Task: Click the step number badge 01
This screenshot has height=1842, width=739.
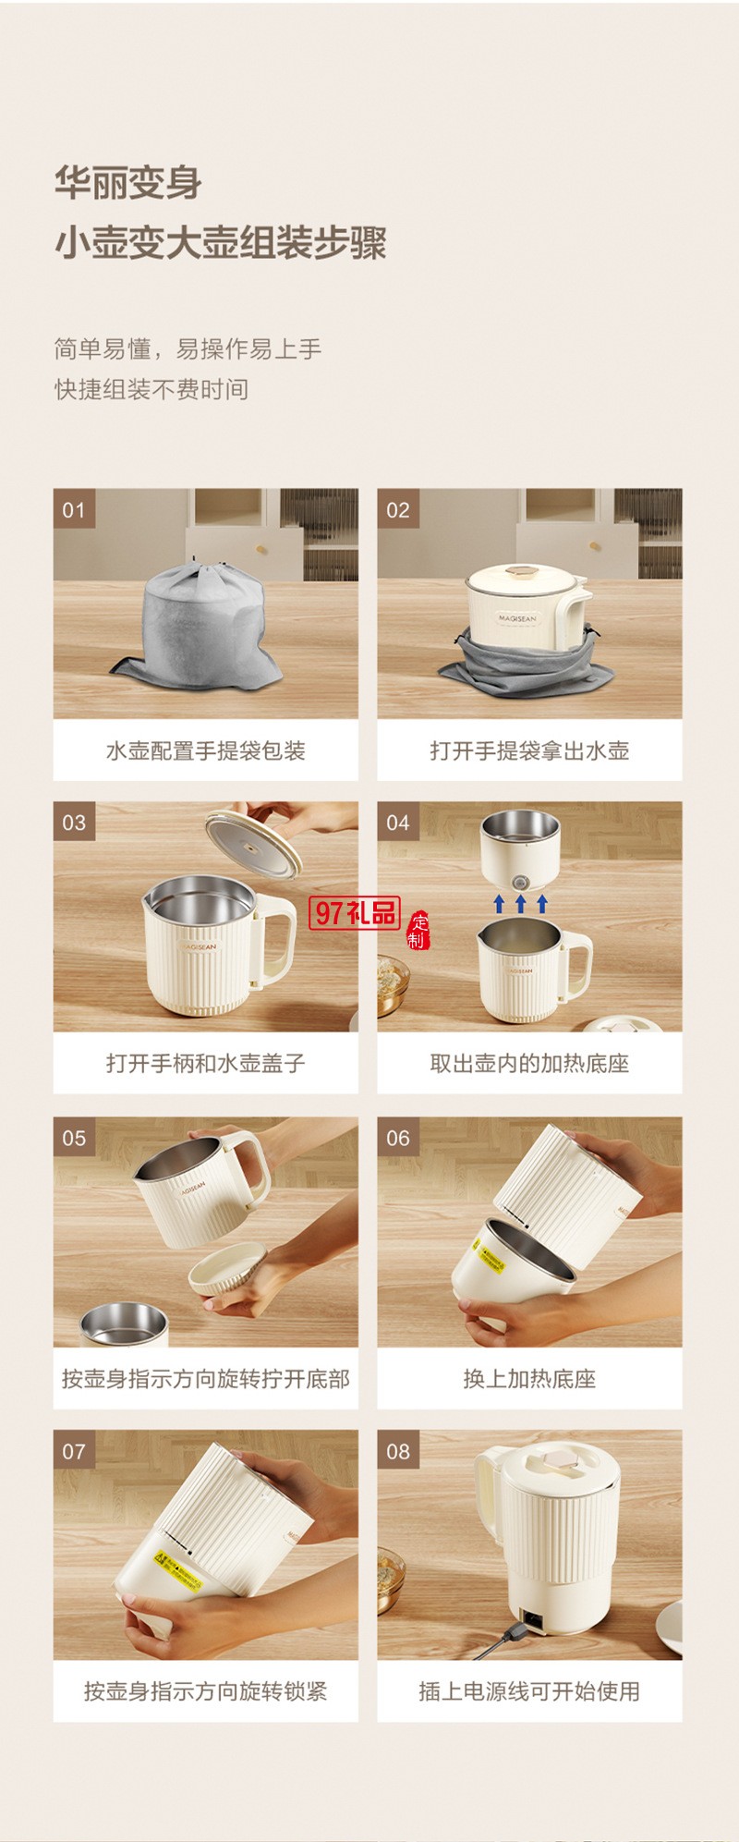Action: (x=74, y=509)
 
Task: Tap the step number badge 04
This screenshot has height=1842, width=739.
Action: (x=398, y=823)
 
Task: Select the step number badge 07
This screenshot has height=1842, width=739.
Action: (x=74, y=1451)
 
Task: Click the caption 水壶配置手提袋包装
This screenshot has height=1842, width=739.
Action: (x=205, y=750)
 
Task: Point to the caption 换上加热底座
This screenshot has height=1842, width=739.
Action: (x=529, y=1379)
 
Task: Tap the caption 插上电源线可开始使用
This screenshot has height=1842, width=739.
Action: (x=529, y=1691)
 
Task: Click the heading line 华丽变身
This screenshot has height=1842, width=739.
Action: (x=128, y=182)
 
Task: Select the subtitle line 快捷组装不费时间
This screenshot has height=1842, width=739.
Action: (x=151, y=389)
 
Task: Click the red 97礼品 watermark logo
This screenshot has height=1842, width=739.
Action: (x=355, y=913)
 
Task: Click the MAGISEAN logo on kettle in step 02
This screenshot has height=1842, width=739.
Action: (x=516, y=618)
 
